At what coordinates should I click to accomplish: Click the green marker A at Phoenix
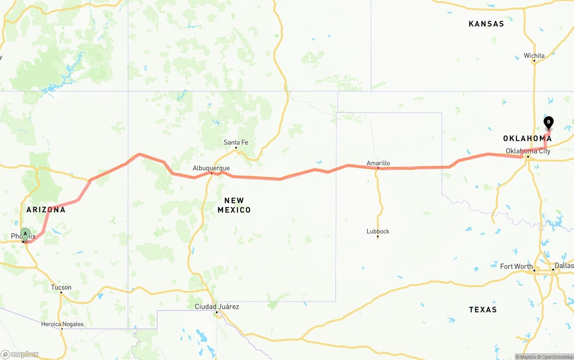[26, 234]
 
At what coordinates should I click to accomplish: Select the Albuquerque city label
[211, 168]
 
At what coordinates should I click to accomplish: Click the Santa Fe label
[236, 143]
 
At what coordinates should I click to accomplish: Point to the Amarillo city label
[378, 163]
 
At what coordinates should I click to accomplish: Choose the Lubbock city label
[378, 231]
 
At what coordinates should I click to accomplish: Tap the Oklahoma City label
[528, 151]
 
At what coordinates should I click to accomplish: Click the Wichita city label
[534, 56]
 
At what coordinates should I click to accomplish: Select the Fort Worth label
[517, 266]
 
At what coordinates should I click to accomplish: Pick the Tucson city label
[61, 287]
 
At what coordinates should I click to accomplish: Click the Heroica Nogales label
[62, 324]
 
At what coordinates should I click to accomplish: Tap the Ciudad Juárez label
[217, 307]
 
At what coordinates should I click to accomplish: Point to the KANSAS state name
[486, 24]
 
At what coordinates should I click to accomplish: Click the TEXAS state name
[483, 310]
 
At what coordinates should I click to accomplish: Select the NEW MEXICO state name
[234, 205]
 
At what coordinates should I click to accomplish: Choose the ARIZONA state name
[46, 210]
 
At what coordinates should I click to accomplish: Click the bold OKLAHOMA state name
[527, 139]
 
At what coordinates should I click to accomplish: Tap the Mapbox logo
[20, 355]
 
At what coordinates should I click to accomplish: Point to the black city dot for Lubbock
[378, 237]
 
